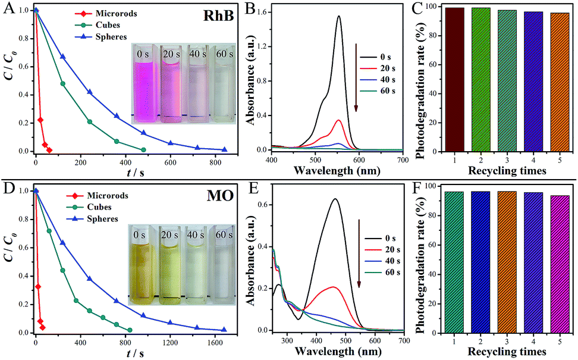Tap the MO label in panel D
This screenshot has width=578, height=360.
221,196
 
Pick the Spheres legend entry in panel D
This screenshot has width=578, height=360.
93,219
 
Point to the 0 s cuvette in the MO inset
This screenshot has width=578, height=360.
140,264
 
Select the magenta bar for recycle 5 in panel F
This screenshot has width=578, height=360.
560,264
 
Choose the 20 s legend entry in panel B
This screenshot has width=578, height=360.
378,68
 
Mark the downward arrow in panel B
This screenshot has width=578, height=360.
356,77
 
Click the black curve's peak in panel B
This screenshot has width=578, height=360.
338,16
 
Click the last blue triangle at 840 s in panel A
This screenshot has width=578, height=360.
225,149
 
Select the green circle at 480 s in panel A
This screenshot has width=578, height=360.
143,150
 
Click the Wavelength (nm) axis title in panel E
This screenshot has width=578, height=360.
338,351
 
